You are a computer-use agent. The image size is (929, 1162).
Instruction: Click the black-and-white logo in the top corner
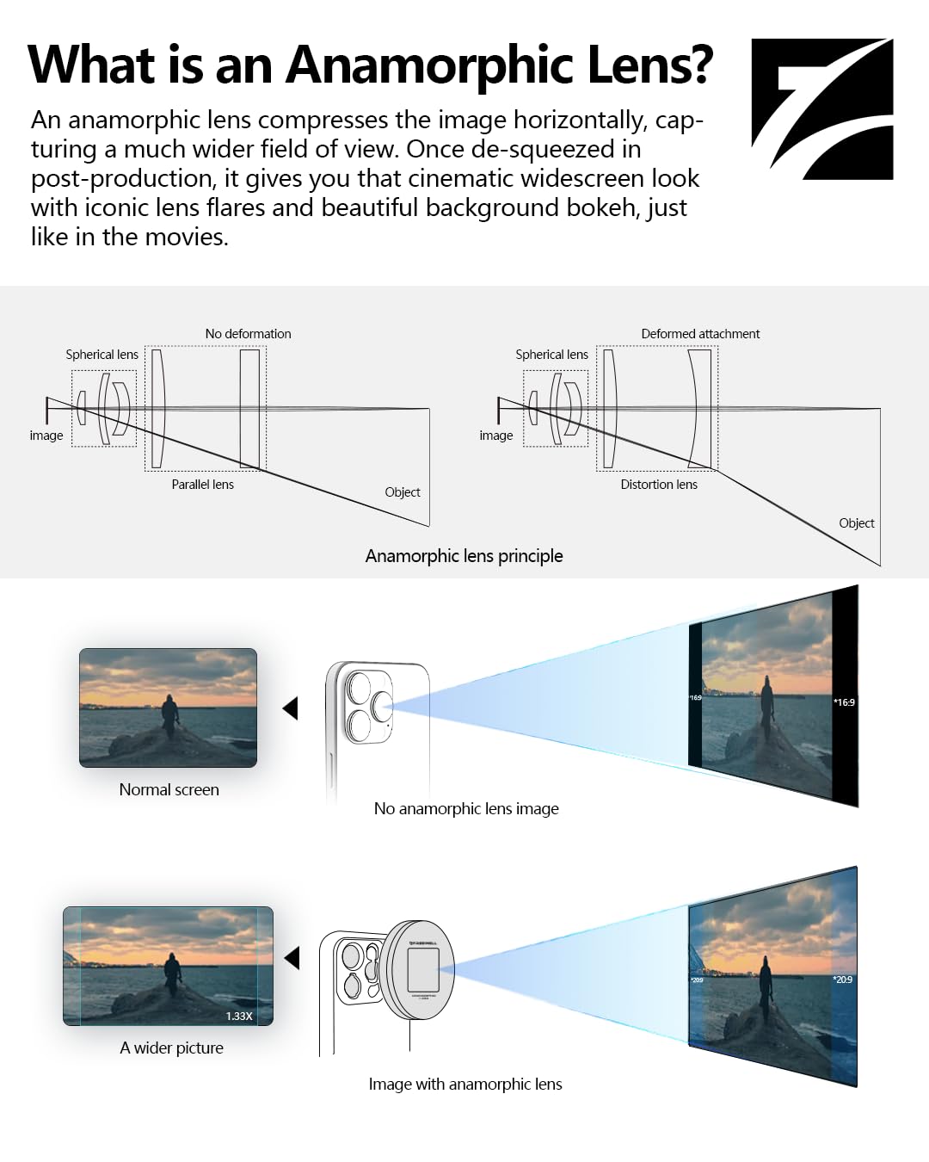pos(821,108)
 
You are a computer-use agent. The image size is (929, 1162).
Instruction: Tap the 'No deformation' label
pos(248,334)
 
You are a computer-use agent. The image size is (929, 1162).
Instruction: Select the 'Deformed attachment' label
pos(700,334)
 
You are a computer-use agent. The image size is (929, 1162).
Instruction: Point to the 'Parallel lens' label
pos(202,485)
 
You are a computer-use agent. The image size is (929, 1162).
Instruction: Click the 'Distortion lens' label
pos(659,485)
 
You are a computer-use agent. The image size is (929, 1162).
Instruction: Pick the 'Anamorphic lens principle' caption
pos(464,556)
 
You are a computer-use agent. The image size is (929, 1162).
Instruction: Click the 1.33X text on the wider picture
pos(239,1017)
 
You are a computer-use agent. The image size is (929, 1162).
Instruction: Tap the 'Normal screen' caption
pos(169,790)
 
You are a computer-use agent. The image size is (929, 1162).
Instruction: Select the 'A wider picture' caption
pos(171,1048)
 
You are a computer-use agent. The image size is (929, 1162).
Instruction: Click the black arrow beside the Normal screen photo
pos(291,708)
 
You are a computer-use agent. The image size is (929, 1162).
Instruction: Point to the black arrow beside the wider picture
pos(292,958)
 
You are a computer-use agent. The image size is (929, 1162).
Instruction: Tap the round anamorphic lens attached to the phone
pos(418,970)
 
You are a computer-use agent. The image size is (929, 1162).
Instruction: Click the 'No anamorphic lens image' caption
pos(466,809)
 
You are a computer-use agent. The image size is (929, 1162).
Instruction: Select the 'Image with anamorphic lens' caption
pos(465,1085)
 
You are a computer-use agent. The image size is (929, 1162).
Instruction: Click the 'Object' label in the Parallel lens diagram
pos(403,492)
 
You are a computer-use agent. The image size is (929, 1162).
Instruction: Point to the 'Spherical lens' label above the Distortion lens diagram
pos(551,355)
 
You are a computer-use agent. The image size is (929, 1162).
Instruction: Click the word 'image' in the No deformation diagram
pos(46,436)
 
